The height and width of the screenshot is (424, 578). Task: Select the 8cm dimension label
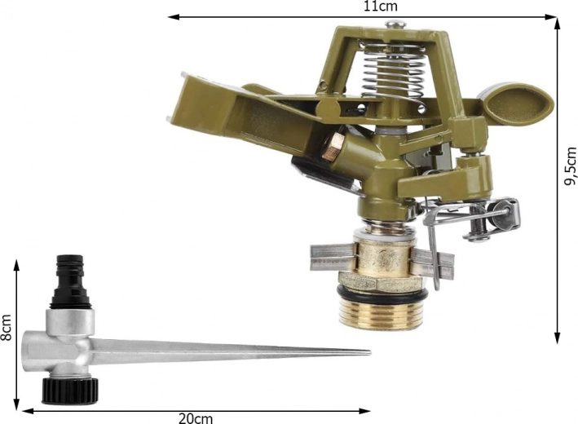coord(6,328)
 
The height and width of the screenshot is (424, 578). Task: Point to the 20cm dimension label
coord(196,418)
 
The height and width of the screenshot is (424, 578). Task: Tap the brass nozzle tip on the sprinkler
coord(333,147)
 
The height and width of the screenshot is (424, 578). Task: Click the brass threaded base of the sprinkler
coord(382,312)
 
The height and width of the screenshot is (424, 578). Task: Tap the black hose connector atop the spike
coord(71,281)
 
